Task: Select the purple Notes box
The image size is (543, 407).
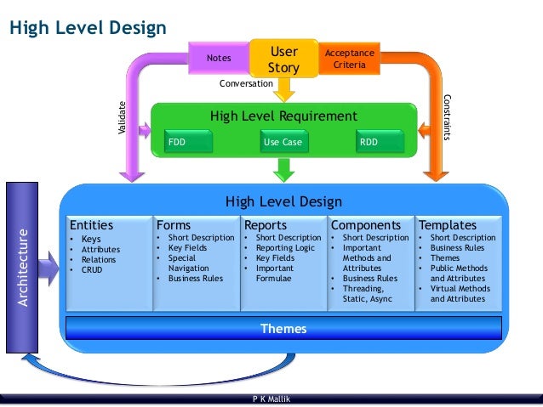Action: click(220, 59)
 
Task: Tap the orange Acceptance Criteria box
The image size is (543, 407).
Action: click(349, 59)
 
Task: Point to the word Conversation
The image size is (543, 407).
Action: click(246, 84)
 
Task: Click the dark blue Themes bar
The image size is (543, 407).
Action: click(283, 328)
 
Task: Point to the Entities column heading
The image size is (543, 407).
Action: click(91, 225)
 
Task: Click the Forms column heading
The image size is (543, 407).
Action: click(174, 225)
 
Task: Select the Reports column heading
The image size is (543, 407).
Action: click(266, 225)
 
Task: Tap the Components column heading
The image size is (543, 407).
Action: click(365, 225)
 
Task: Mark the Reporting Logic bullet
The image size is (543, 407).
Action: click(287, 247)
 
